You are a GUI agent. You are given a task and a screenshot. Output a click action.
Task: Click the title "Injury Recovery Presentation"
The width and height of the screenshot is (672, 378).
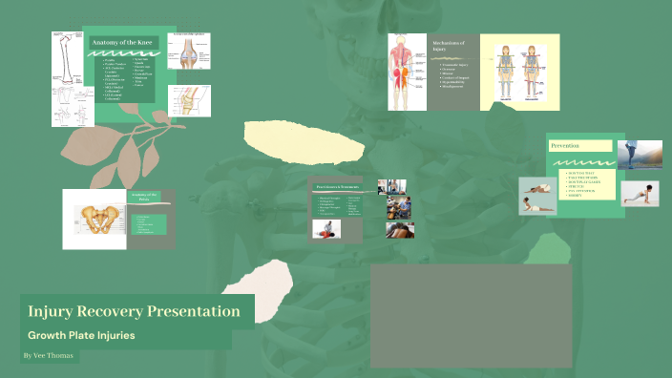(x=134, y=311)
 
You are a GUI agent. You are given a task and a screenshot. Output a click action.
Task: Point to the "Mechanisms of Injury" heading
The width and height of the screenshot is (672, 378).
(x=448, y=47)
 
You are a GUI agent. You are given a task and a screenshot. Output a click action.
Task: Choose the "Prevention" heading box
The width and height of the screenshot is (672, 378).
(x=578, y=145)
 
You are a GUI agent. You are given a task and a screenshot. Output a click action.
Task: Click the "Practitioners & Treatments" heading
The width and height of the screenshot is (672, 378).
(x=336, y=187)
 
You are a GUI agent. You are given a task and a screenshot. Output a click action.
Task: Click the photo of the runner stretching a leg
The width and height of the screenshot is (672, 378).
(x=639, y=156)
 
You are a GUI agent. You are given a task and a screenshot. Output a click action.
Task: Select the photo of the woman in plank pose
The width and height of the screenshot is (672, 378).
(x=640, y=193)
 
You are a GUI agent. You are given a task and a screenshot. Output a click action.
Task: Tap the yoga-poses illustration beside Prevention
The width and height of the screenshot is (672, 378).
(x=538, y=196)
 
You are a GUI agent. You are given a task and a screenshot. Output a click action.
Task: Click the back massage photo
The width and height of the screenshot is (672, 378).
(x=326, y=229)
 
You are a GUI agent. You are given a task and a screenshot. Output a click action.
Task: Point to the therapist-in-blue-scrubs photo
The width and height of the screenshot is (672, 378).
(x=399, y=207)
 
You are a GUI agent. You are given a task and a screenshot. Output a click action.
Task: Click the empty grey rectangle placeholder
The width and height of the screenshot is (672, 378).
(x=471, y=316)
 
